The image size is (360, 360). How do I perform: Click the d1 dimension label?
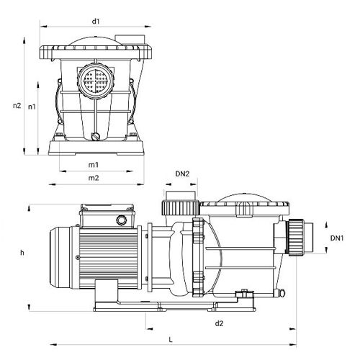click(x=96, y=22)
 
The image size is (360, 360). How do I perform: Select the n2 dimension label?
click(x=17, y=105)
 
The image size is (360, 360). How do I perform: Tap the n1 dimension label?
click(x=32, y=107)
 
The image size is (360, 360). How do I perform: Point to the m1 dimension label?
click(x=94, y=165)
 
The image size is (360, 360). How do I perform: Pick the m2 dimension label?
click(x=94, y=178)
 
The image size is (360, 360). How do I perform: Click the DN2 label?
click(x=182, y=174)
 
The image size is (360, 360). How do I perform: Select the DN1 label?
click(x=337, y=238)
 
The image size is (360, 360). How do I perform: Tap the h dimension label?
click(x=22, y=253)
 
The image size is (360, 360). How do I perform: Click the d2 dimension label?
click(x=219, y=323)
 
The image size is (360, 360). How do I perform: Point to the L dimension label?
click(x=171, y=340)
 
